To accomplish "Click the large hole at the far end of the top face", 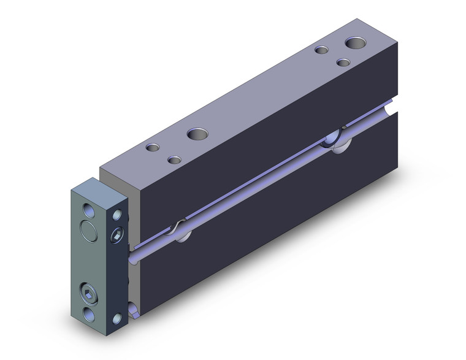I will click(354, 44).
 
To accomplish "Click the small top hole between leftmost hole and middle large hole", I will click(175, 160).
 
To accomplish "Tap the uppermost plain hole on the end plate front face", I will click(89, 210).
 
